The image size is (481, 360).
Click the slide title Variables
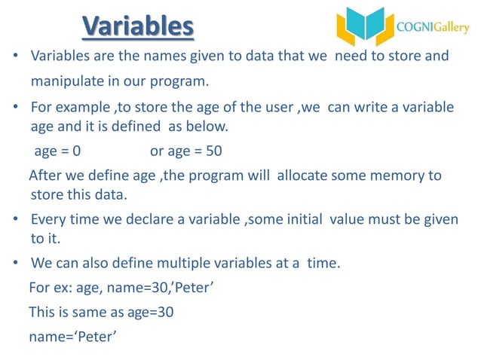(x=138, y=26)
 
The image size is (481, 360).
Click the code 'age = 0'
(x=59, y=151)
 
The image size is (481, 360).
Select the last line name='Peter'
(x=72, y=336)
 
